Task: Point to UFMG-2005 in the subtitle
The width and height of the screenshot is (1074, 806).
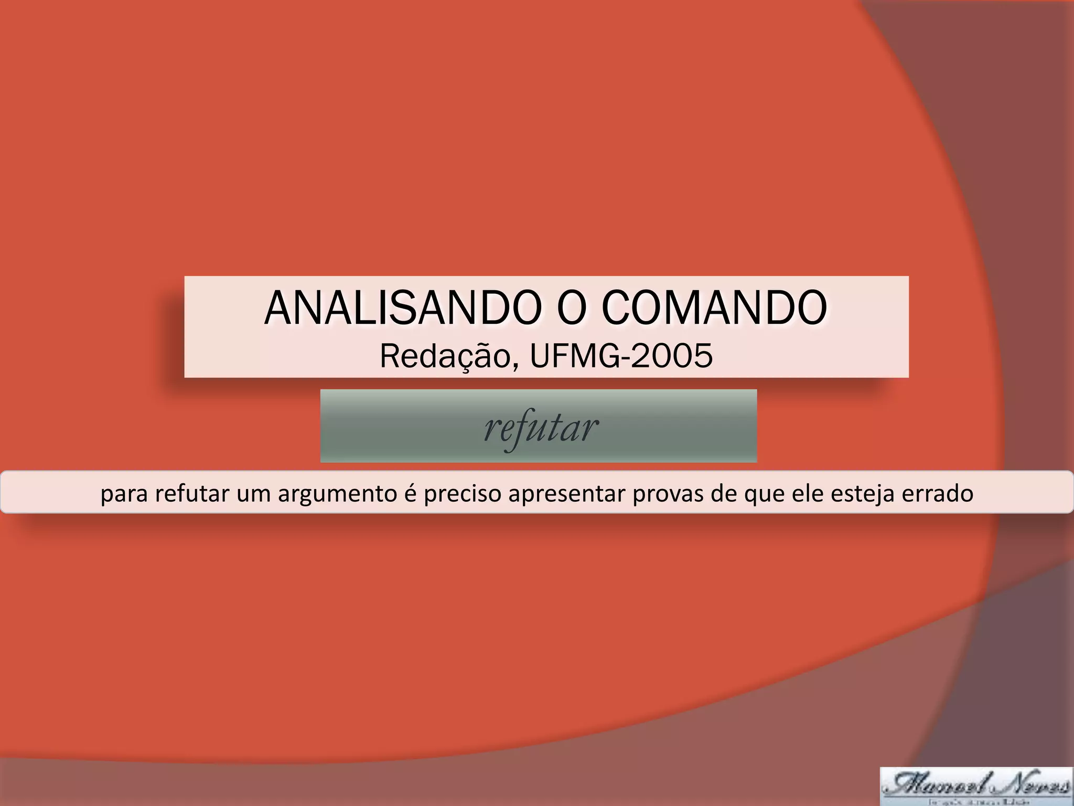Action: pyautogui.click(x=621, y=356)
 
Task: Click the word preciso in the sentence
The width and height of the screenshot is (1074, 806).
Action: pyautogui.click(x=461, y=494)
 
